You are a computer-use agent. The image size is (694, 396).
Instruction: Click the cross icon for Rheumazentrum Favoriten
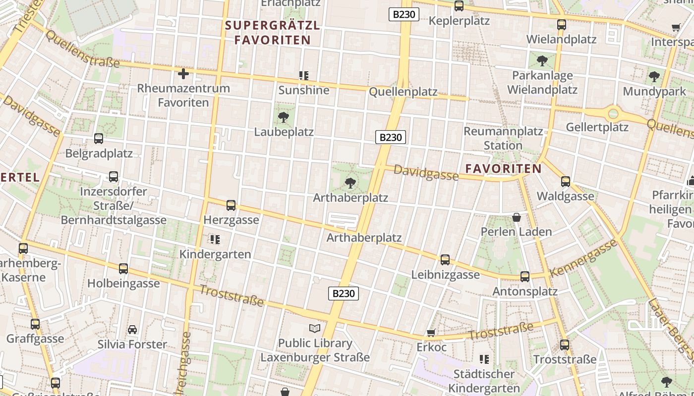pos(183,74)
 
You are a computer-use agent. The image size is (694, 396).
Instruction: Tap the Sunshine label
pos(304,90)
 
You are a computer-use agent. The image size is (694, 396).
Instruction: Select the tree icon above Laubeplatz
pos(284,117)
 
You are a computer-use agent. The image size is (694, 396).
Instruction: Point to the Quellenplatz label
pos(403,92)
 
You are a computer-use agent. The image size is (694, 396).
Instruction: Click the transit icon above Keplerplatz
pos(459,6)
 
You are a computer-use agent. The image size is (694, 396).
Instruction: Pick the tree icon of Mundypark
pos(654,77)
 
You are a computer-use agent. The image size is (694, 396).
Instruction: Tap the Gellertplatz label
pos(597,127)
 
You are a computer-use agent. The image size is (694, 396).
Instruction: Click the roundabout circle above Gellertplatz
pos(614,113)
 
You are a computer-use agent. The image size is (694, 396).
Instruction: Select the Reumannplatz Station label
pos(503,139)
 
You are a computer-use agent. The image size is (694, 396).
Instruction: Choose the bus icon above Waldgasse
pos(566,182)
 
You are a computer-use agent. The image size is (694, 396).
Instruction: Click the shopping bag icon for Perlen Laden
pos(517,217)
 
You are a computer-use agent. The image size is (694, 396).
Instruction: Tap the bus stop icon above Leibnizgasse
pos(445,260)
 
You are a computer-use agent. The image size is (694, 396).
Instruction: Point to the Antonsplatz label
pos(525,291)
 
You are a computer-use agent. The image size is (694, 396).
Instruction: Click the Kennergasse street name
pos(584,258)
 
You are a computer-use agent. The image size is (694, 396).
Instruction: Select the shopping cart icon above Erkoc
pos(431,333)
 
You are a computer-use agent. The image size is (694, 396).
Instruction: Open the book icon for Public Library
pos(315,328)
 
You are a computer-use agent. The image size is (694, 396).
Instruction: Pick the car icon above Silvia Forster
pos(132,330)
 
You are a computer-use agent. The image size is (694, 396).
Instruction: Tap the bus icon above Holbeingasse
pos(123,269)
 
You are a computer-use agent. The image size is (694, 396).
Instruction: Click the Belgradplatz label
pos(99,153)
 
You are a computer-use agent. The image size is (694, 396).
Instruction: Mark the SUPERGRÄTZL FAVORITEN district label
pos(273,33)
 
